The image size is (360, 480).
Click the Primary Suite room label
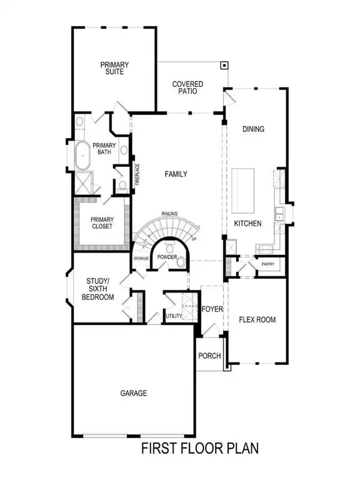coord(113,67)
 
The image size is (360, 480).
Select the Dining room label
coord(254,129)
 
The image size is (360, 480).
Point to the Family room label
coord(176,174)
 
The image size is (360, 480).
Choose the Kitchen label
coord(247,223)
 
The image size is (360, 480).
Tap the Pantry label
coord(267,264)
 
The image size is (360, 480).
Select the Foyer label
coord(212,309)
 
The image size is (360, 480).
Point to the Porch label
coord(209,356)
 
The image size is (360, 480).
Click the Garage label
coord(134,393)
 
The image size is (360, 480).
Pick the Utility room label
coord(174,317)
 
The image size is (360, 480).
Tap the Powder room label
coord(168,257)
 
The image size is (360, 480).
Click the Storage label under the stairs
coord(141,258)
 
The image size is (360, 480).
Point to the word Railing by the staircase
coord(169,214)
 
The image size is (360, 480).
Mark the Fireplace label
coord(137,174)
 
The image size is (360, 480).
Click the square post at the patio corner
coord(223,65)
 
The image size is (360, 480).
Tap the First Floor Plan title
coord(199,448)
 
